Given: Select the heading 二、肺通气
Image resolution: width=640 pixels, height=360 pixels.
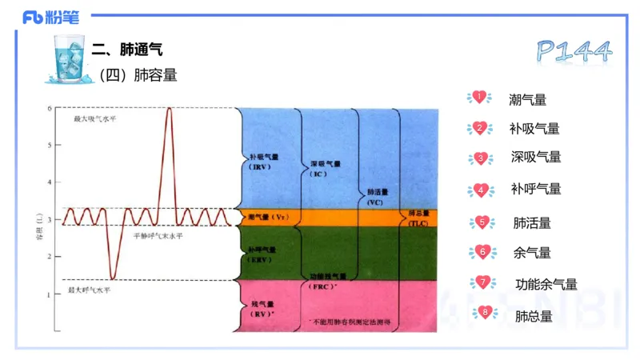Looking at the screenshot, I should click(x=128, y=50).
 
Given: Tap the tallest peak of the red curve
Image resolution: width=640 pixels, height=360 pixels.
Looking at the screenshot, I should click(x=169, y=108).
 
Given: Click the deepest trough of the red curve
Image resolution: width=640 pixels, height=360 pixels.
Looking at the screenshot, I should click(x=113, y=279).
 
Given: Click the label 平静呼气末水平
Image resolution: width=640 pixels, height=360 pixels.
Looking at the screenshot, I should click(x=159, y=236).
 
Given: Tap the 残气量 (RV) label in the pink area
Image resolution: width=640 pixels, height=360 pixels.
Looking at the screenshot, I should click(x=262, y=309).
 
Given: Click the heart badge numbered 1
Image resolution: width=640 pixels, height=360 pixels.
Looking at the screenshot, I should click(x=479, y=98).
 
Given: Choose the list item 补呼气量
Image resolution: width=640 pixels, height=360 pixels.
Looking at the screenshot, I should click(x=535, y=190).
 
